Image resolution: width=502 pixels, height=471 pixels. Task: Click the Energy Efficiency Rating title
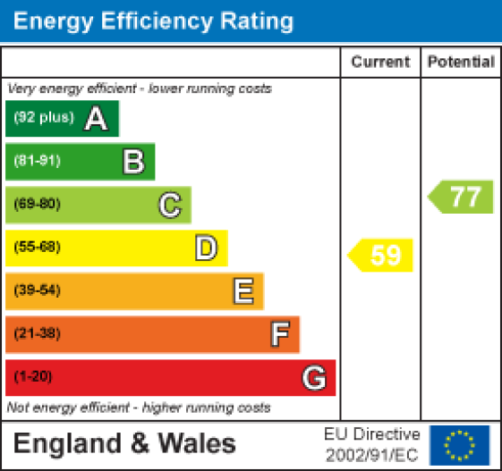pos(153,21)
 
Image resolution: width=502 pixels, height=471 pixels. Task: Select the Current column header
pos(380,63)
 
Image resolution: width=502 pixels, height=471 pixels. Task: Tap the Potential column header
pos(461,63)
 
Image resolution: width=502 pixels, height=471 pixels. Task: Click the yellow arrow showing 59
pos(382,256)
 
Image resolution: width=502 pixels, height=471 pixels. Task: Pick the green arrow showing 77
pos(462,197)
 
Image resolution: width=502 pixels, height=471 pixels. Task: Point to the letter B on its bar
pos(133,162)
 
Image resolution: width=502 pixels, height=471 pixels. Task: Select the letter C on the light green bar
pos(170,205)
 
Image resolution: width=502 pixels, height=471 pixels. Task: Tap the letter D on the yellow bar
pos(207,248)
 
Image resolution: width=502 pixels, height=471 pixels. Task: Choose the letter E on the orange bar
pos(242,290)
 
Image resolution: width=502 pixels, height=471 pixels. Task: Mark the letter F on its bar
pos(280,334)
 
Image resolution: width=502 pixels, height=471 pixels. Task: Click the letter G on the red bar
pos(313,378)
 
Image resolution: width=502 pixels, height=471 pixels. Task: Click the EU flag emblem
pos(460,443)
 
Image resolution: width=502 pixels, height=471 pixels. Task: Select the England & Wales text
pos(125,443)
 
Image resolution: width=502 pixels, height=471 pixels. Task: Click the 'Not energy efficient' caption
pos(139,408)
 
